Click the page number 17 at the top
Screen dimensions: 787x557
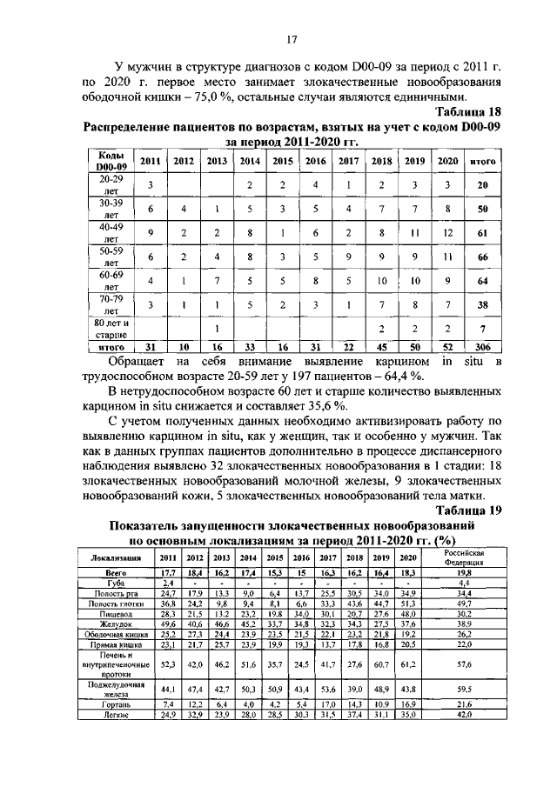click(x=292, y=38)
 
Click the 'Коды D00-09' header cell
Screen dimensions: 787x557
click(x=111, y=160)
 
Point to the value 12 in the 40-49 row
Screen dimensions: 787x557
click(x=447, y=233)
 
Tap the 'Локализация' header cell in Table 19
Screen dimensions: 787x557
click(x=111, y=557)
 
